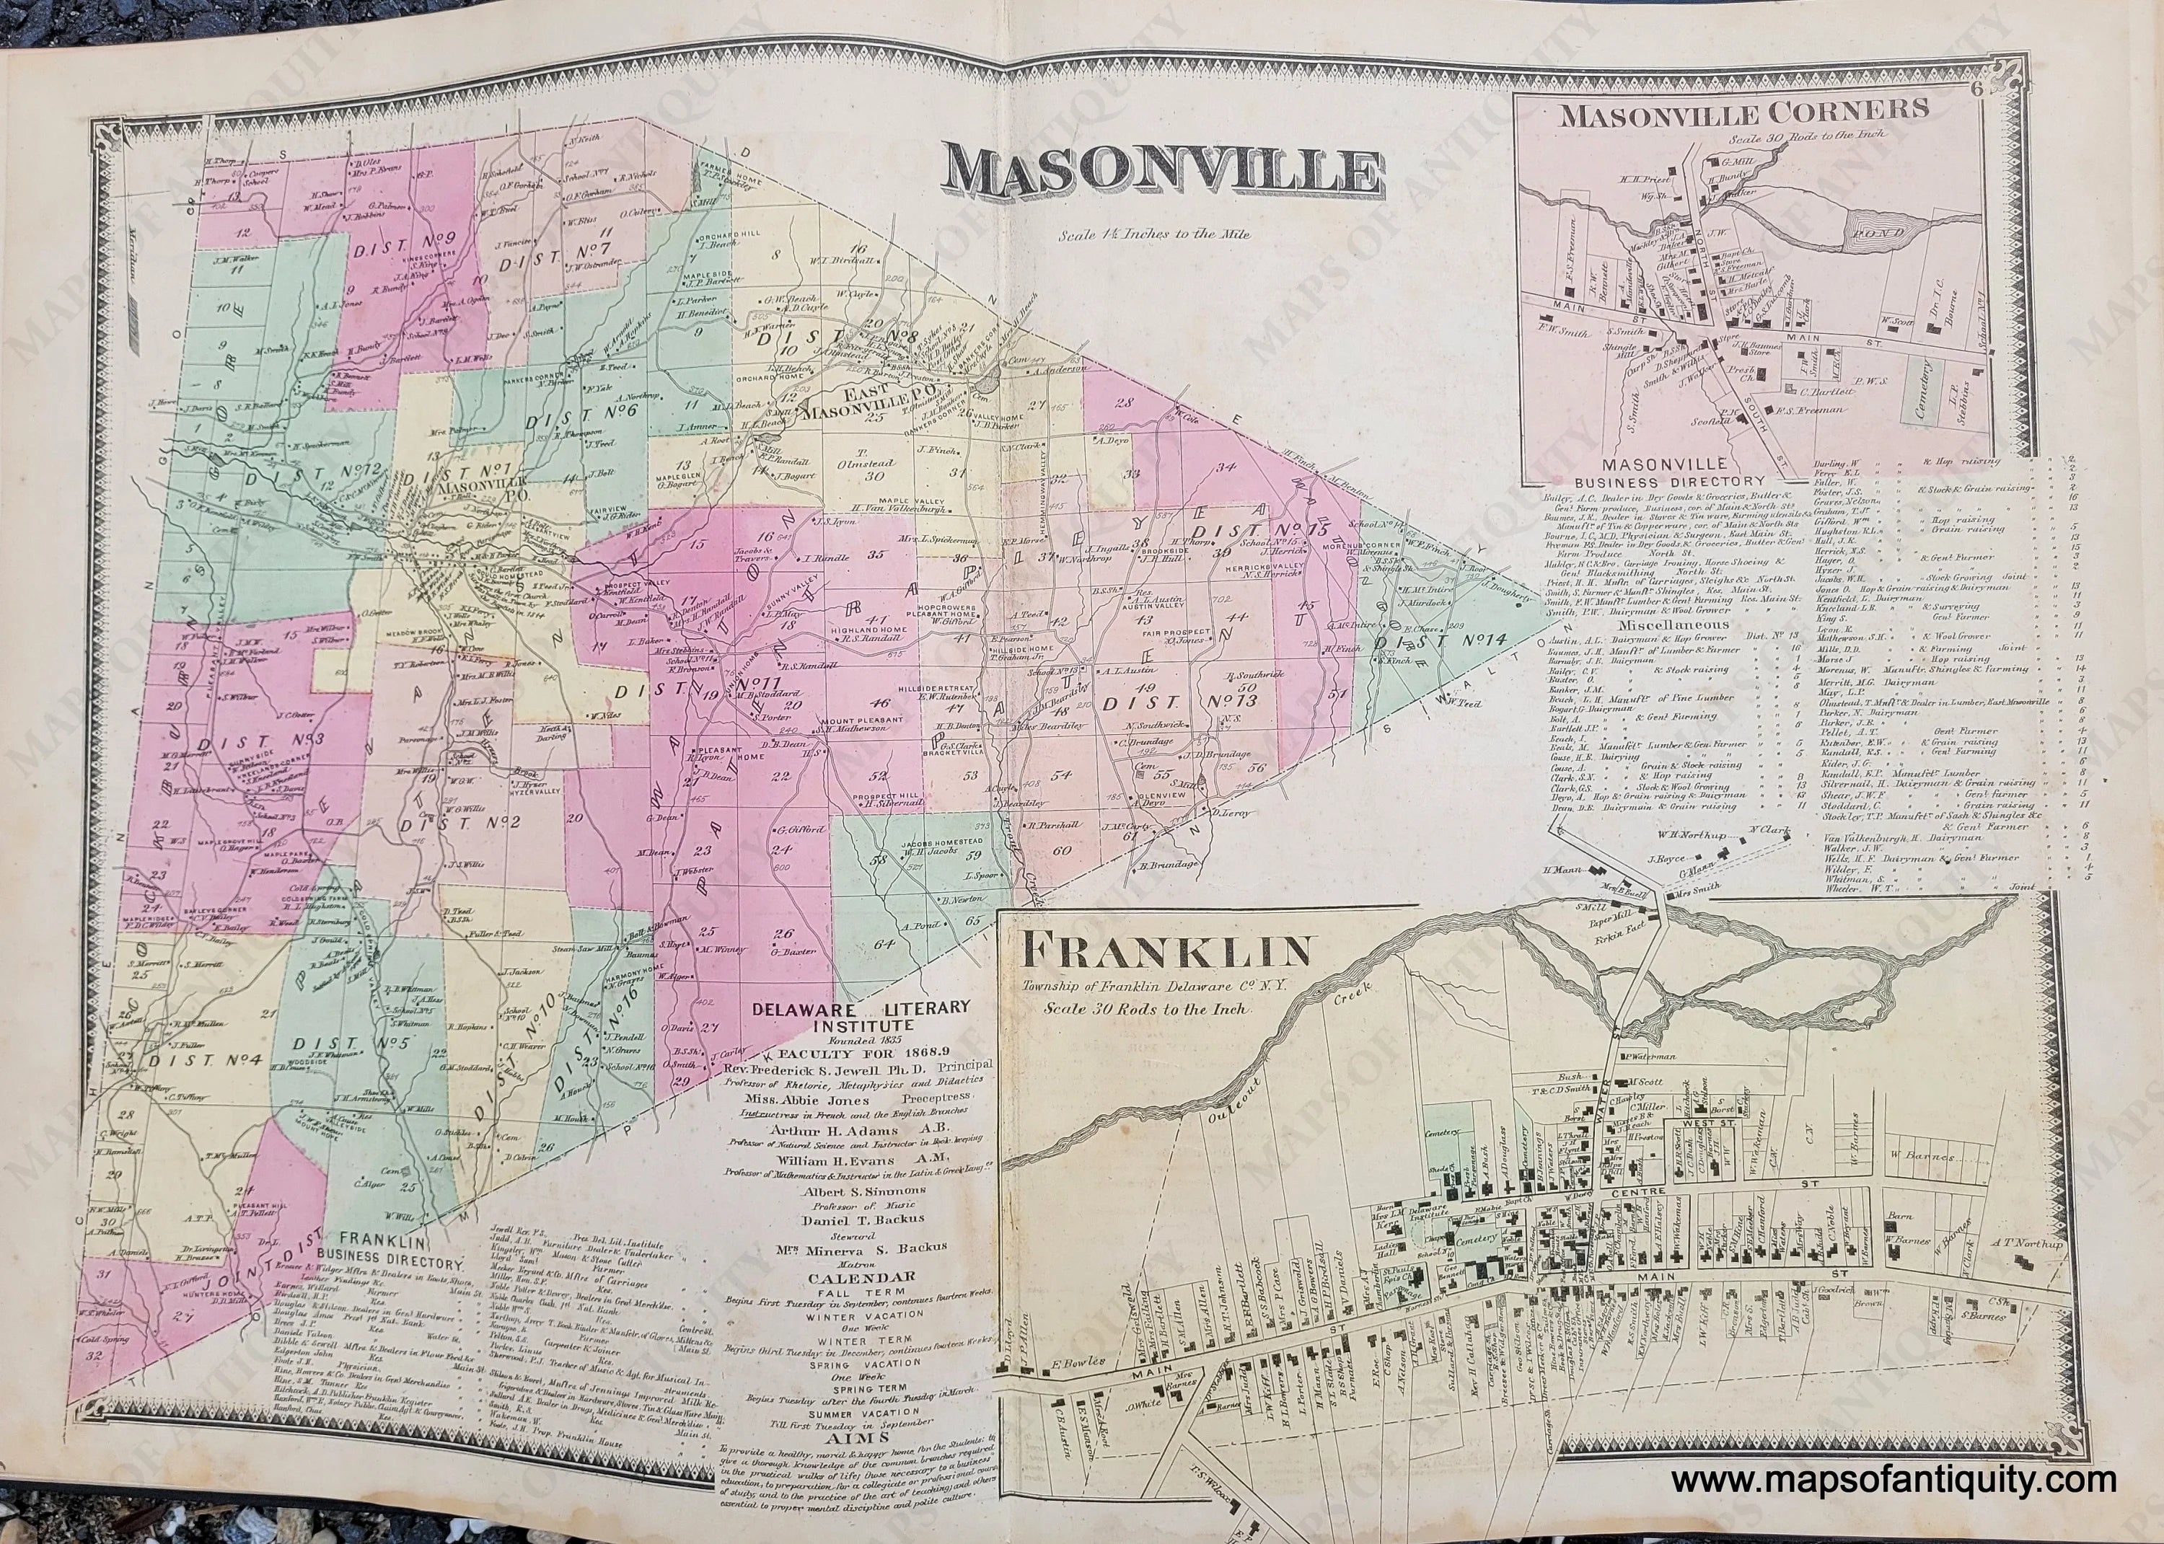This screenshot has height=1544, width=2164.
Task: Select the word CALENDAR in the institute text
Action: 848,1275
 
